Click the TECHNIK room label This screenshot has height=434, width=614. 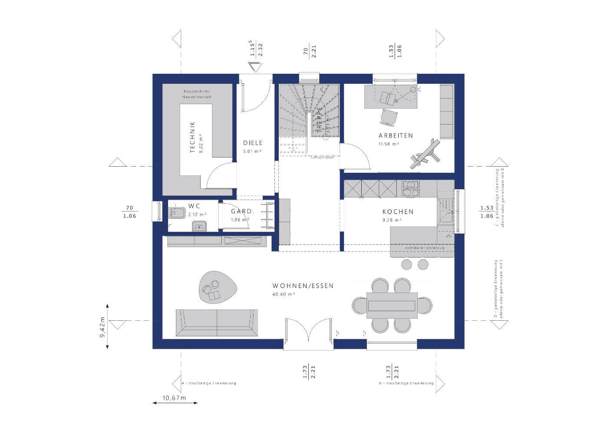tap(192, 137)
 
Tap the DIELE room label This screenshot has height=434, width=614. tap(252, 143)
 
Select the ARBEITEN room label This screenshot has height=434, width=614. tap(395, 135)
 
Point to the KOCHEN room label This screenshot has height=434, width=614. tap(398, 212)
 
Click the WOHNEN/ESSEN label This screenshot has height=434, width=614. tap(303, 286)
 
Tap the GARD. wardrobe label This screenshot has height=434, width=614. tap(242, 211)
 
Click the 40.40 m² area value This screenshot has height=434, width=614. tap(284, 294)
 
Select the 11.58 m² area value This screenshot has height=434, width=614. tap(389, 144)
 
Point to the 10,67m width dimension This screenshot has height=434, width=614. tap(174, 398)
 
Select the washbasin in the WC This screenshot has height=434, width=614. tap(199, 226)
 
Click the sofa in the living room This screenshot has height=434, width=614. tap(216, 323)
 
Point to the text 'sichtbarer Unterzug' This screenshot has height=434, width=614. tap(422, 248)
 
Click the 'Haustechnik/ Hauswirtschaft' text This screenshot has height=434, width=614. tap(197, 94)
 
